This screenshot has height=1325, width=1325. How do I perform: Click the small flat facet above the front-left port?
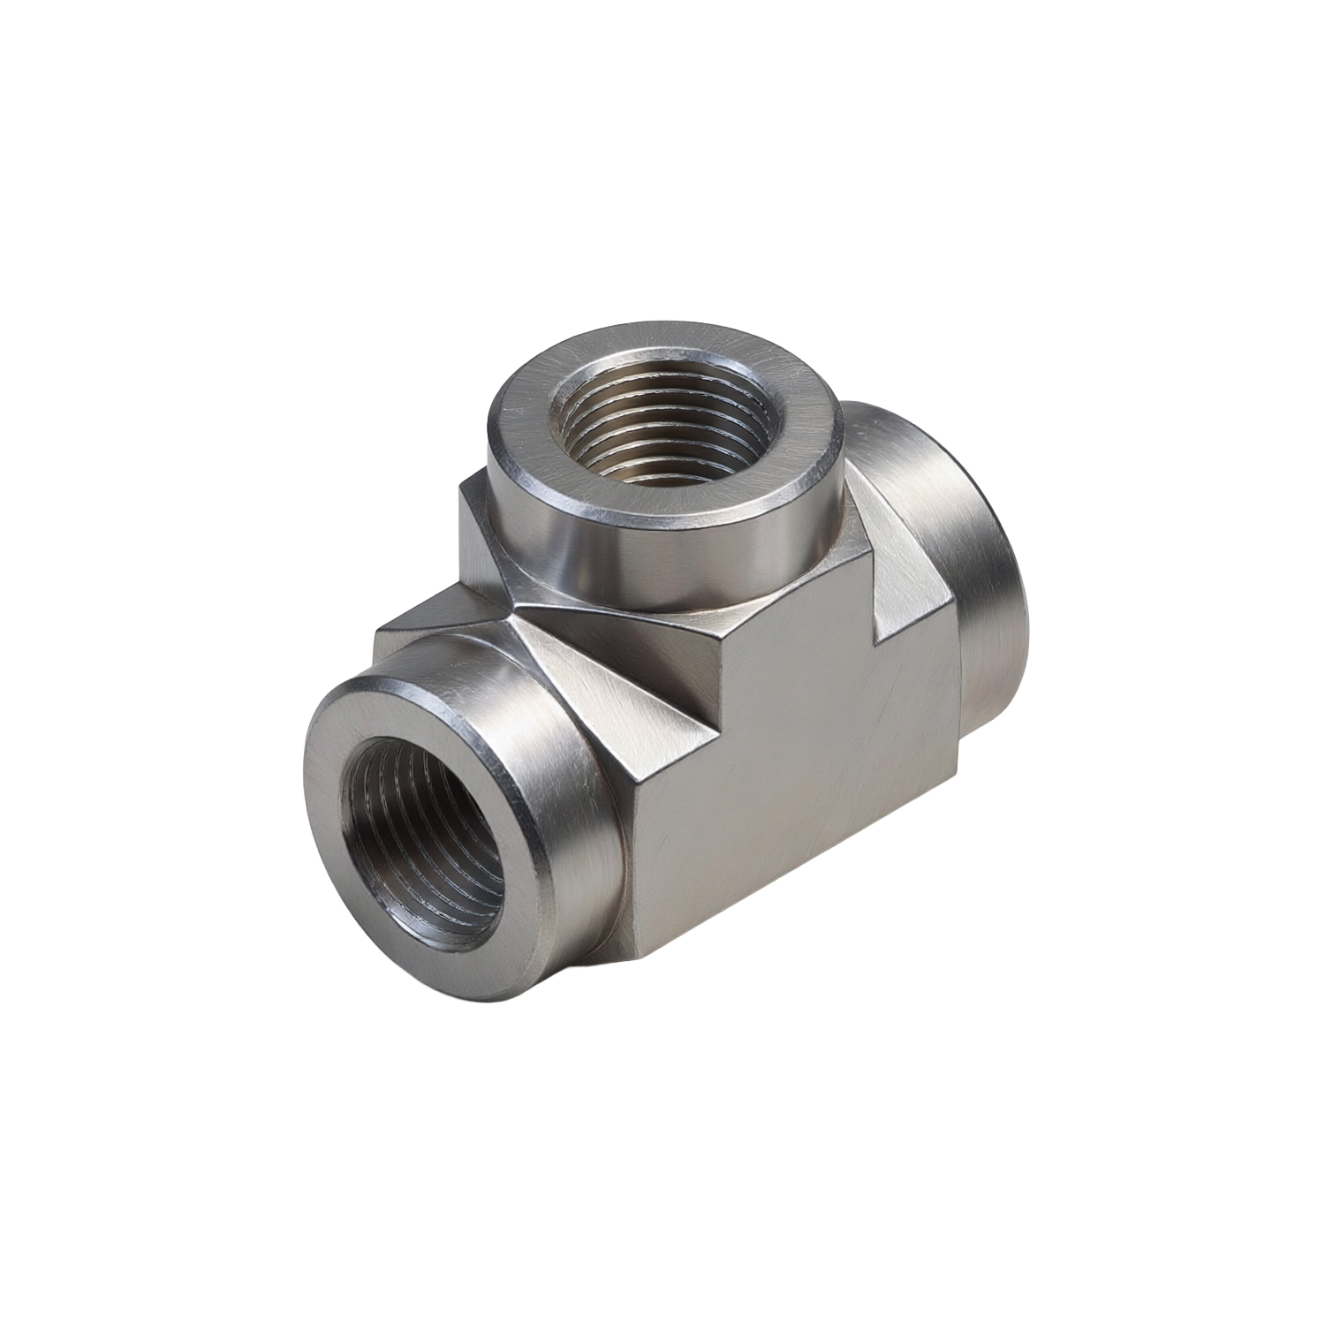433,618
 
